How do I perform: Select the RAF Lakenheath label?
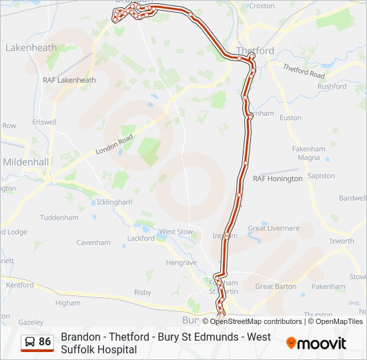coord(69,80)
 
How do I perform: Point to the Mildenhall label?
coord(25,162)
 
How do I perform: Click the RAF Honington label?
coord(278,179)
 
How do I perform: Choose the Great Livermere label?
coord(274,228)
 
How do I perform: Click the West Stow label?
coord(175,231)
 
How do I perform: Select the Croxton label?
coord(261,6)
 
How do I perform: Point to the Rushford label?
coord(332,87)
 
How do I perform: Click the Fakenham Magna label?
coord(309,153)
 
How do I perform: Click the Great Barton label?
coord(276,287)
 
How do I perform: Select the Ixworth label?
coord(342,241)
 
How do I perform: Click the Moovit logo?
coord(316,343)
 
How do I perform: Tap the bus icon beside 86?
coord(30,342)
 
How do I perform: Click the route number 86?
coord(45,342)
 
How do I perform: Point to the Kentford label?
coord(20,285)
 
